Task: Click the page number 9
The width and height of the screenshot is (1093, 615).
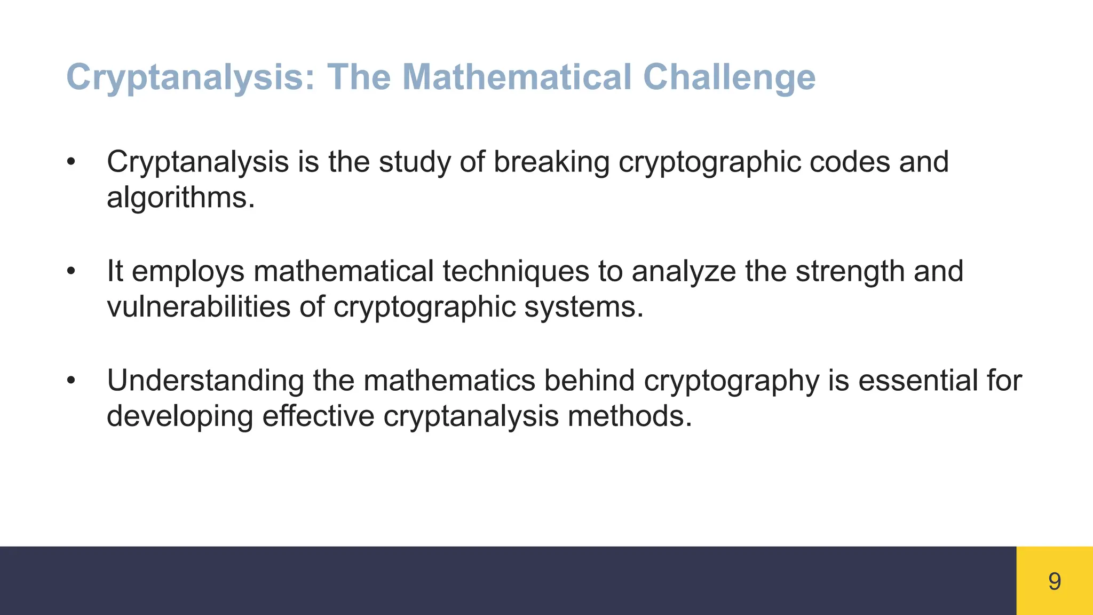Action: click(1054, 581)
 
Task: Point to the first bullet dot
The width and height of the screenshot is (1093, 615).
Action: click(71, 162)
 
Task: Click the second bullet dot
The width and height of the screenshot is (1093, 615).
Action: click(71, 271)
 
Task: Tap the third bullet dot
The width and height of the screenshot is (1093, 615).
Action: click(71, 381)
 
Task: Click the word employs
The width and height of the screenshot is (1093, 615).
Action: click(188, 271)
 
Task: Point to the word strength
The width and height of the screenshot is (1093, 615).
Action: click(850, 271)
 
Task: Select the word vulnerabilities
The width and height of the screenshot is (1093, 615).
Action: click(198, 307)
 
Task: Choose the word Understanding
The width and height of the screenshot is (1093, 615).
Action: click(205, 381)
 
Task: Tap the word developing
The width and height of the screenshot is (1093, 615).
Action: click(179, 416)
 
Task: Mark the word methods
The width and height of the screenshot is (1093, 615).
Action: click(629, 416)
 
